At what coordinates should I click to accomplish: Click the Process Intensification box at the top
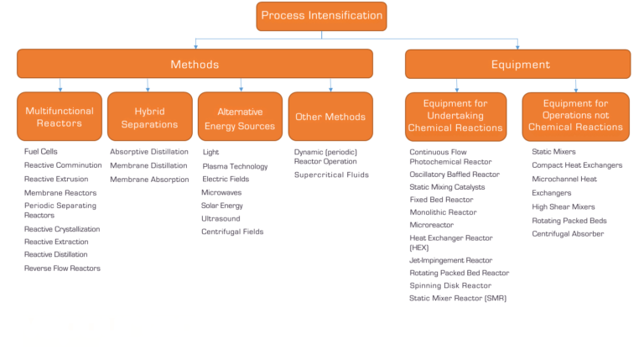(x=322, y=16)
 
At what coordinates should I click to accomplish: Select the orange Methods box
(x=195, y=64)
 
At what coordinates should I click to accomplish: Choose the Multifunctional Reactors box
(x=60, y=117)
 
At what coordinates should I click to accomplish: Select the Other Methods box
(x=330, y=117)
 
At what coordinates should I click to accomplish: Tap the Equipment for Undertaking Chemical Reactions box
(x=455, y=117)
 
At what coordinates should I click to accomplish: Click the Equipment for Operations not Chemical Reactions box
(x=575, y=117)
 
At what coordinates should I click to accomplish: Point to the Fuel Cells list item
(x=42, y=152)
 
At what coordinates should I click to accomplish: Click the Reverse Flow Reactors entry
(x=62, y=269)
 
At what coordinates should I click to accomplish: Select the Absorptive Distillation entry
(x=148, y=152)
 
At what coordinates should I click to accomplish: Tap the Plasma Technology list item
(x=235, y=166)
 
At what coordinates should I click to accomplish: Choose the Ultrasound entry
(x=221, y=218)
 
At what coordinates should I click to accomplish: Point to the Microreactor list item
(x=431, y=225)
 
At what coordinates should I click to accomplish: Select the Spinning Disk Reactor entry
(x=450, y=285)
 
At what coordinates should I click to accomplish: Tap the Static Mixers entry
(x=553, y=152)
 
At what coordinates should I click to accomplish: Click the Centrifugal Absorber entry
(x=568, y=234)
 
